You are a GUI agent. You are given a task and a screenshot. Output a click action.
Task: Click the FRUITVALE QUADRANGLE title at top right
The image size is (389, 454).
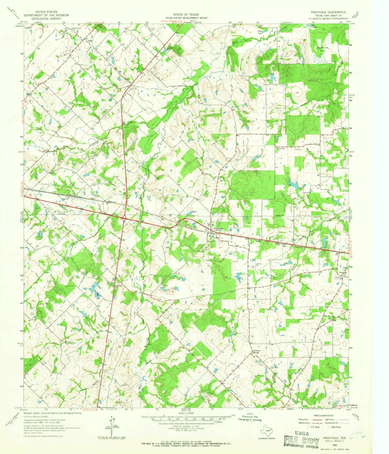(x=328, y=13)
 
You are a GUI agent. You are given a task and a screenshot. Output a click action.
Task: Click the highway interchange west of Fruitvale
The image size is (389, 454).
(x=124, y=219)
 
